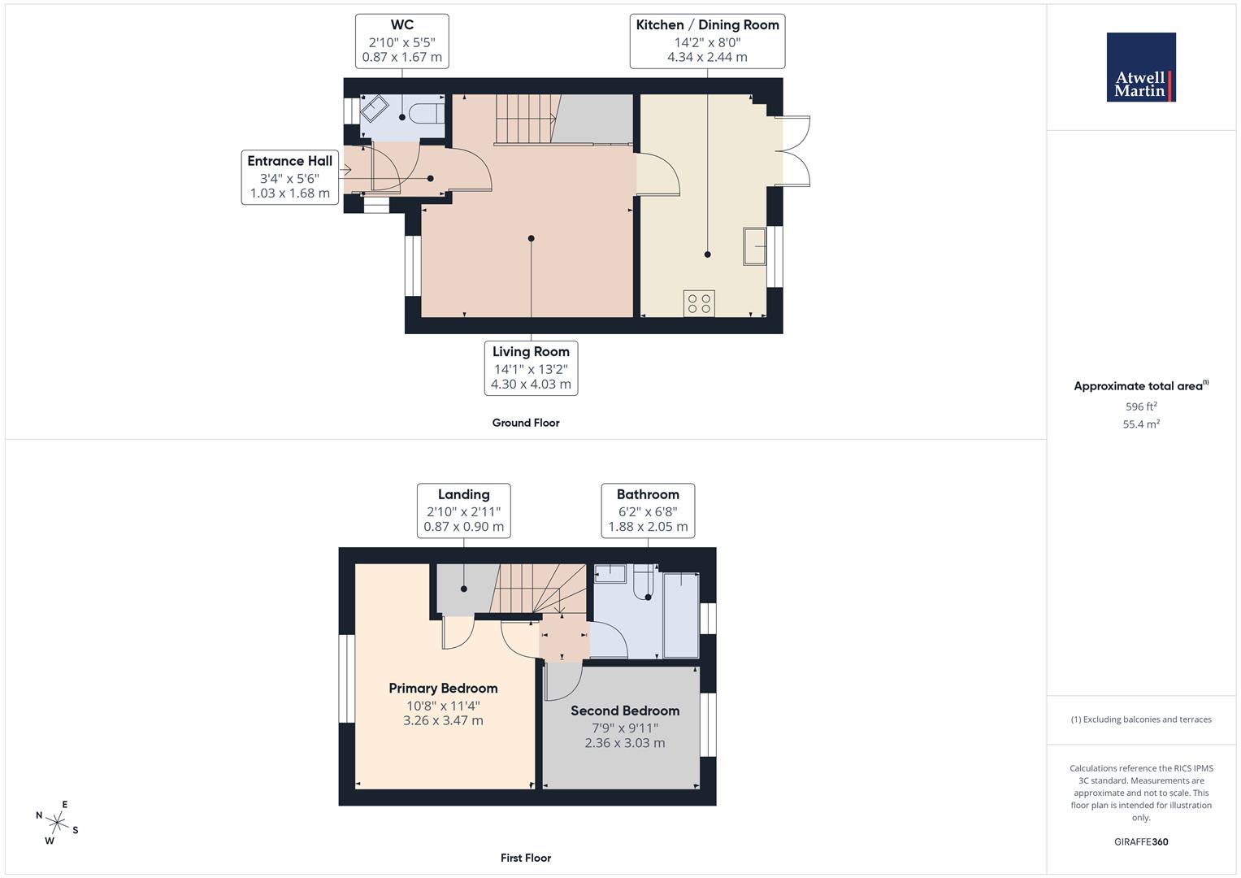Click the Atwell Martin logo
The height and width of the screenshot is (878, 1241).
pyautogui.click(x=1140, y=67)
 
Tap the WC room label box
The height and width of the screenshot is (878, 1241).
pyautogui.click(x=402, y=41)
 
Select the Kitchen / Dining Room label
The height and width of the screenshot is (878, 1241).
pyautogui.click(x=707, y=41)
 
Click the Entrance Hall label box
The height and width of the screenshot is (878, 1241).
pyautogui.click(x=290, y=176)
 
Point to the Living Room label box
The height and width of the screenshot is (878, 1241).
pyautogui.click(x=531, y=368)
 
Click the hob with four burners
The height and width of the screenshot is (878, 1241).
pyautogui.click(x=699, y=303)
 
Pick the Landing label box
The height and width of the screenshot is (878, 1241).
pyautogui.click(x=463, y=511)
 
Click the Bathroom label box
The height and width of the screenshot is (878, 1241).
pyautogui.click(x=648, y=511)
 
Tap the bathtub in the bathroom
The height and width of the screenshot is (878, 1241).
pyautogui.click(x=681, y=615)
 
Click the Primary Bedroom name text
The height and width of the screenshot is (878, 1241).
pyautogui.click(x=443, y=689)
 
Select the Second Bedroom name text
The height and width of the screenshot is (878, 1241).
pyautogui.click(x=625, y=711)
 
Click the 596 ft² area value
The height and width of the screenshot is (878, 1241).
pyautogui.click(x=1141, y=406)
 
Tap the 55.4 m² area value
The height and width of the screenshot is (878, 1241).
pyautogui.click(x=1141, y=424)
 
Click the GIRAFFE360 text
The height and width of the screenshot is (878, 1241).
pyautogui.click(x=1141, y=842)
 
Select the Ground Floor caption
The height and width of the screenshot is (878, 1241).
pyautogui.click(x=526, y=423)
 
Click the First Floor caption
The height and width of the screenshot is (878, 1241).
pyautogui.click(x=526, y=858)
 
